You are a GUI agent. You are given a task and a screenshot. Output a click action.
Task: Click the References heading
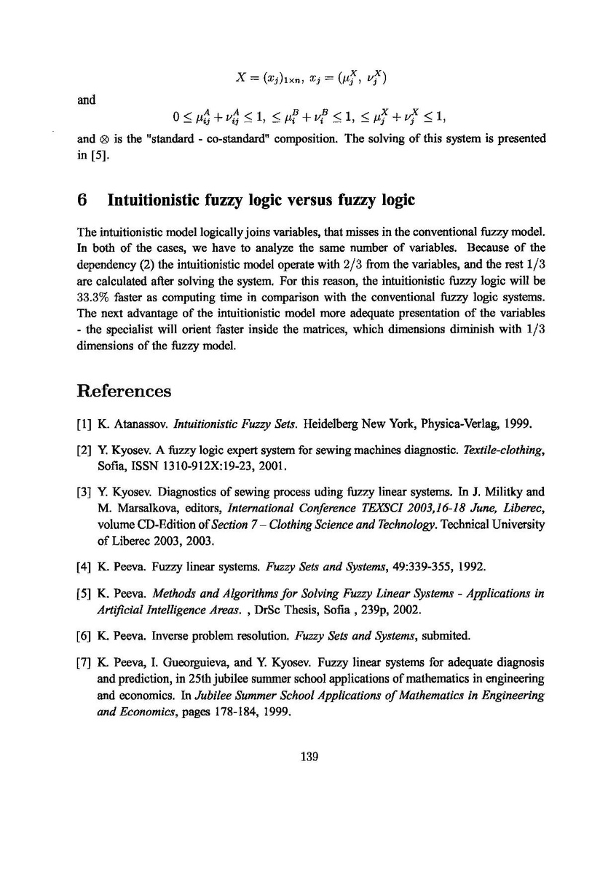(x=124, y=391)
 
